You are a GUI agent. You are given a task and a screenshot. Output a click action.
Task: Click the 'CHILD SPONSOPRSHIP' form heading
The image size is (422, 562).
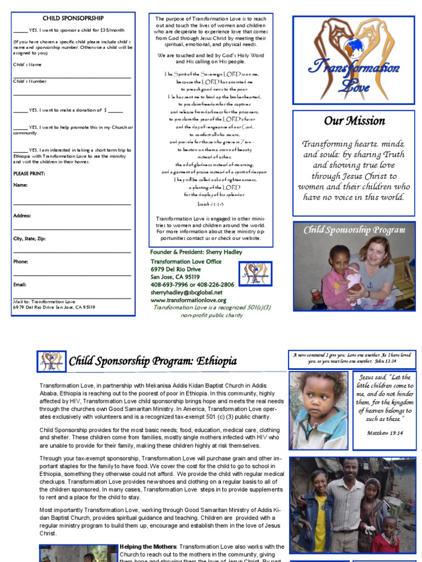tap(73, 18)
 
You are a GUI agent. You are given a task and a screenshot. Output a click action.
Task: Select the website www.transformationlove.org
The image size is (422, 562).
tap(188, 300)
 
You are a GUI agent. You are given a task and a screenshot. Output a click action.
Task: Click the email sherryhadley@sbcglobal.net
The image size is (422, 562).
tap(188, 293)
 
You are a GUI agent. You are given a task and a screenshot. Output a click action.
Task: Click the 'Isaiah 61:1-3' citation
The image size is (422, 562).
tap(210, 203)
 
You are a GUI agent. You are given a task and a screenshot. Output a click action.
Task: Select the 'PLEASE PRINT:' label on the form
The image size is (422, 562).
tap(29, 173)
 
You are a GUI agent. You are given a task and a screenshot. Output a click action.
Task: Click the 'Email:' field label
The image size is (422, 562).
tap(20, 285)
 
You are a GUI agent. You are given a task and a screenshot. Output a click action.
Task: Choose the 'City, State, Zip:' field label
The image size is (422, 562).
tap(30, 239)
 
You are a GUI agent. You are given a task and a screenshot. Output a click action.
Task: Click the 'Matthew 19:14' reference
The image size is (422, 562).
tap(385, 432)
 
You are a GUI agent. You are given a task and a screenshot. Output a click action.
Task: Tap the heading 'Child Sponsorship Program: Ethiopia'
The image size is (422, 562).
tap(153, 361)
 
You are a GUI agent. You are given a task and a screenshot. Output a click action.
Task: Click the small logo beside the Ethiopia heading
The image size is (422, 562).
tap(52, 361)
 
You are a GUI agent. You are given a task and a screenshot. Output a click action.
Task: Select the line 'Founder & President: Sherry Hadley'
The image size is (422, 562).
tap(196, 252)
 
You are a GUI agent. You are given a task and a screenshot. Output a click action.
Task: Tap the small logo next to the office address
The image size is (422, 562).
tap(255, 273)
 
